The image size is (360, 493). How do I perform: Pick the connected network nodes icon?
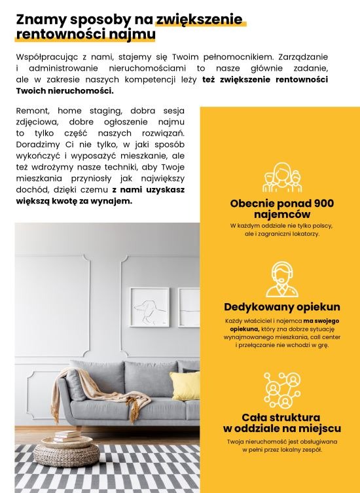pyautogui.click(x=281, y=390)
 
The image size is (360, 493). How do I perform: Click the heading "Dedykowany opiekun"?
pyautogui.click(x=281, y=306)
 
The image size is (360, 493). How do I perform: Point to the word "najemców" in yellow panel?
pyautogui.click(x=281, y=214)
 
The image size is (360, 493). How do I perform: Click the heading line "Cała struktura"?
pyautogui.click(x=281, y=417)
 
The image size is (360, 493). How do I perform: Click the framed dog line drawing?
pyautogui.click(x=149, y=307)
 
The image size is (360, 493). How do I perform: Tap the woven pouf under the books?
pyautogui.click(x=66, y=451)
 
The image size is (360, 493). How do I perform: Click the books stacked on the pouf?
pyautogui.click(x=67, y=435)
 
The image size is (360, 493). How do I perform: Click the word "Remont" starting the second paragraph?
pyautogui.click(x=33, y=111)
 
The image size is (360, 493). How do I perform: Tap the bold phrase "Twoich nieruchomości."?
pyautogui.click(x=65, y=90)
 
